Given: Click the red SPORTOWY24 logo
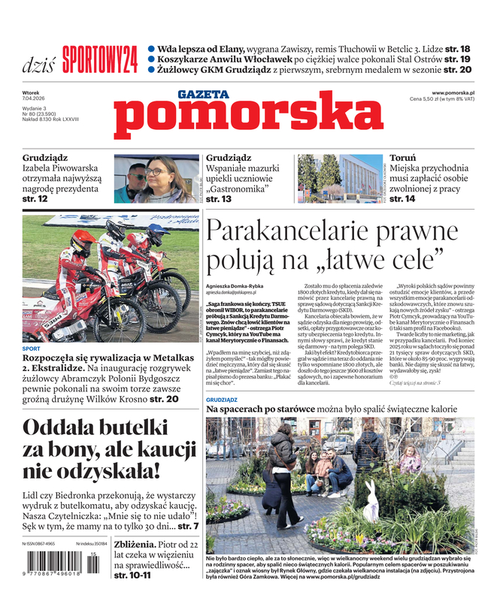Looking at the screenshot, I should coord(99,58).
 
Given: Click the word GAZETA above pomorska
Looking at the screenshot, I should coord(203,95).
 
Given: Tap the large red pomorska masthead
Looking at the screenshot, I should coord(250,117).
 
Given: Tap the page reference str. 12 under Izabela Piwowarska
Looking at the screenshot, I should coord(35,199).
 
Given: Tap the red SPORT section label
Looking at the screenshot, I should coord(32,349).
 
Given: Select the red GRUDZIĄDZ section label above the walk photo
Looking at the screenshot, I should coord(222,400).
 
